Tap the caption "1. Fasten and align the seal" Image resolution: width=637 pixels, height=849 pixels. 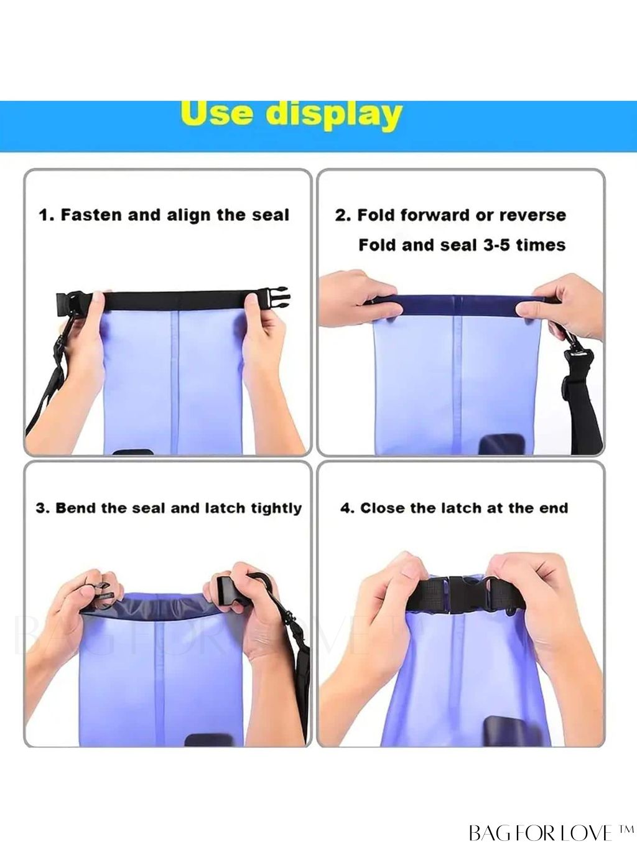[x=164, y=215]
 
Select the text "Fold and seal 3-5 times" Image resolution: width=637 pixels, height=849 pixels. [x=462, y=245]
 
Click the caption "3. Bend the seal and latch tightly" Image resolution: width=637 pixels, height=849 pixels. [x=169, y=509]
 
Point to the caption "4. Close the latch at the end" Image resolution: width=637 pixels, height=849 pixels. [x=454, y=509]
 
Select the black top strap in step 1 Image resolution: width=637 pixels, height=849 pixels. [x=174, y=300]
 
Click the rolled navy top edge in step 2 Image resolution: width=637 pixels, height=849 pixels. [x=457, y=304]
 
